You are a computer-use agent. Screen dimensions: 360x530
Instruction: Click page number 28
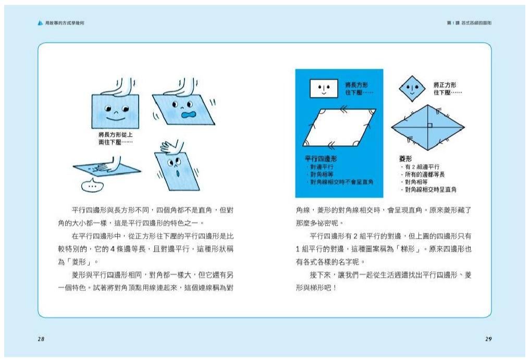(41, 339)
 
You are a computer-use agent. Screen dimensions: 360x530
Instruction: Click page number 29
(488, 339)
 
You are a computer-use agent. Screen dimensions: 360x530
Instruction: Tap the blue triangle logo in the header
(40, 23)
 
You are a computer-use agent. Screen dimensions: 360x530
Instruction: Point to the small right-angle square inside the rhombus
(429, 126)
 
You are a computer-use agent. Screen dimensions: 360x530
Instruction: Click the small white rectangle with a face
(323, 88)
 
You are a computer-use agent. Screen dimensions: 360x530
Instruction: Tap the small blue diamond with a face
(412, 88)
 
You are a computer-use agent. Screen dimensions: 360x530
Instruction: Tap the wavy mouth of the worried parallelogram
(186, 114)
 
